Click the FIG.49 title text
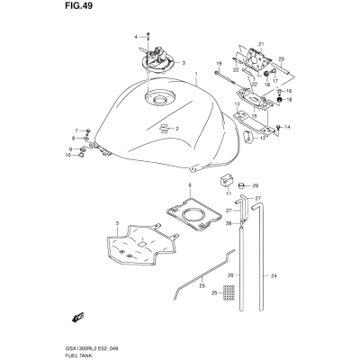pyautogui.click(x=78, y=6)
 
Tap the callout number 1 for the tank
pyautogui.click(x=196, y=74)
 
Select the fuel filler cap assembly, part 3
pyautogui.click(x=157, y=60)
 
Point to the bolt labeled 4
pyautogui.click(x=148, y=36)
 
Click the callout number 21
pyautogui.click(x=261, y=45)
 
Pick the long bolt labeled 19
pyautogui.click(x=225, y=76)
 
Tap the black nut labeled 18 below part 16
pyautogui.click(x=279, y=100)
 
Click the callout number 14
pyautogui.click(x=287, y=127)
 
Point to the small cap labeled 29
pyautogui.click(x=241, y=186)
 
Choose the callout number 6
pyautogui.click(x=190, y=185)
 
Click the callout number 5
pyautogui.click(x=117, y=223)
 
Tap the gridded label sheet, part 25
pyautogui.click(x=229, y=292)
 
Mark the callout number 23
pyautogui.click(x=202, y=286)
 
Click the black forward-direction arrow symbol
pyautogui.click(x=78, y=317)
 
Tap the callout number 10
pyautogui.click(x=68, y=155)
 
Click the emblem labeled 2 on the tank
pyautogui.click(x=164, y=128)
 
